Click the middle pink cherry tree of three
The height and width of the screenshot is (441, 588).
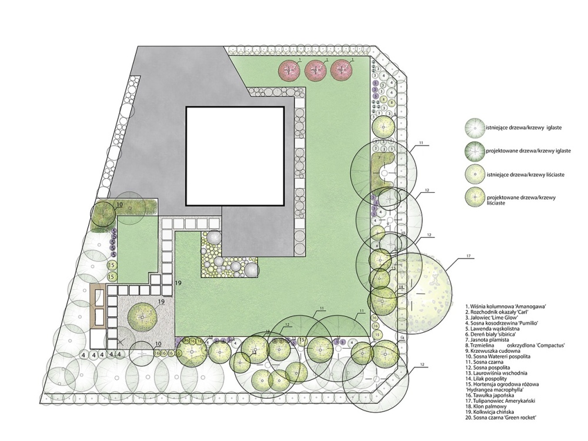coord(316,70)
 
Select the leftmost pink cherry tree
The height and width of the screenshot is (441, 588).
coord(289,70)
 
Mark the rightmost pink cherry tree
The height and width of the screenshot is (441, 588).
coord(342,70)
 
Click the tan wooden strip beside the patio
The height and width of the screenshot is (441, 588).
coord(99,306)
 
